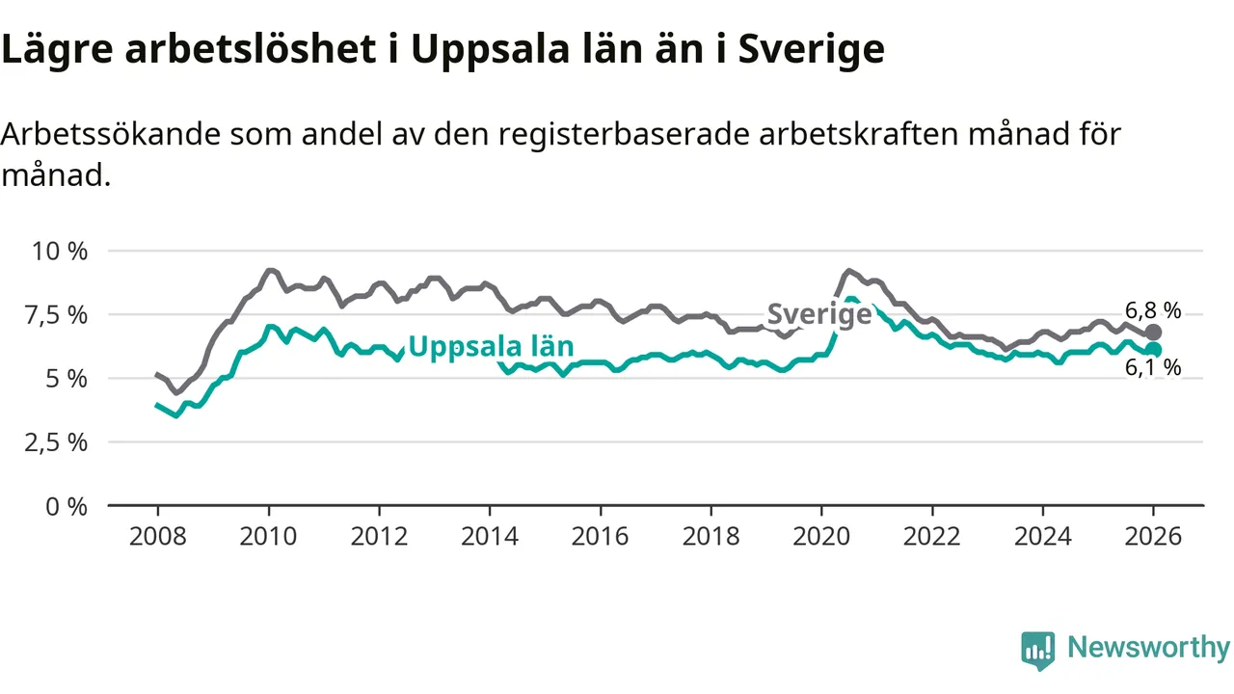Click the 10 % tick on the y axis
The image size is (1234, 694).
(61, 252)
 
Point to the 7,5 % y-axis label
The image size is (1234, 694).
(59, 315)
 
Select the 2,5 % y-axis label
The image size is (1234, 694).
(59, 442)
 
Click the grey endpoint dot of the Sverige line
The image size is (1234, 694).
(1153, 333)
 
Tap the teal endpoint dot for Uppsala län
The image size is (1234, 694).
(1153, 350)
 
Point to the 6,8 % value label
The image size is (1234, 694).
(1153, 310)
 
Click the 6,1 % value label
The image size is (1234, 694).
(1153, 368)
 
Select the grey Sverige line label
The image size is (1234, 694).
(819, 314)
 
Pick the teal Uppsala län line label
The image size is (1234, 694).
(491, 347)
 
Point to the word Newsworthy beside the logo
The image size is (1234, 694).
(1148, 648)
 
